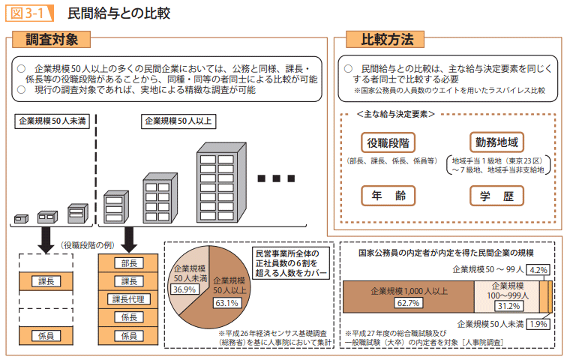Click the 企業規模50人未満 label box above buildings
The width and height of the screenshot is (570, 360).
click(x=52, y=121)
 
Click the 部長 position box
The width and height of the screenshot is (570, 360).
click(x=129, y=263)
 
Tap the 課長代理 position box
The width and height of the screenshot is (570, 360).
click(x=129, y=299)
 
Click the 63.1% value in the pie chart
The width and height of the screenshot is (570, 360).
click(x=226, y=303)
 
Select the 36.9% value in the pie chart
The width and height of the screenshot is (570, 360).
click(x=184, y=288)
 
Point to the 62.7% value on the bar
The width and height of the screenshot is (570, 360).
click(x=408, y=302)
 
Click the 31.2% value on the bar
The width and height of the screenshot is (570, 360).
click(x=509, y=305)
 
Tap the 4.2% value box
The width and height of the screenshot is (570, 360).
click(x=539, y=268)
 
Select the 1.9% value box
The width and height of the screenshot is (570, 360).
click(x=538, y=324)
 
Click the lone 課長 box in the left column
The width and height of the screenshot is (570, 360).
click(x=46, y=281)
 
